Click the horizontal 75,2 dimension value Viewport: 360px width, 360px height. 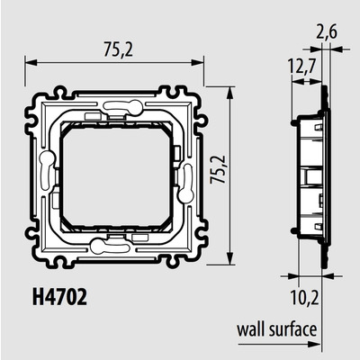(x=118, y=49)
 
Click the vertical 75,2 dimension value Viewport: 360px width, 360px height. (x=218, y=169)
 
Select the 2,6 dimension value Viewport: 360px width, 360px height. (x=327, y=32)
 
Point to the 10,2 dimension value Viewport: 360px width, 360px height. (x=304, y=298)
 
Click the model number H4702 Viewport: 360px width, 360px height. (x=59, y=297)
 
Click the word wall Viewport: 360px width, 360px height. (x=250, y=329)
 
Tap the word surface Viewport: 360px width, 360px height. (x=292, y=329)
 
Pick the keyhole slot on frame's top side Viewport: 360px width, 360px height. (x=121, y=107)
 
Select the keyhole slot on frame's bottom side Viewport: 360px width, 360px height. (x=109, y=246)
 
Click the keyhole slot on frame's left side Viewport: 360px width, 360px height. (x=47, y=170)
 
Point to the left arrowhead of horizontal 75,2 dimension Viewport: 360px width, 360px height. (x=31, y=62)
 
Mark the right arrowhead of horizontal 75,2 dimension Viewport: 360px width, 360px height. (x=198, y=62)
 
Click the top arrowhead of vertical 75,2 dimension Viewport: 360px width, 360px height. (x=230, y=93)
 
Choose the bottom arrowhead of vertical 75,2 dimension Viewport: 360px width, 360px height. (x=230, y=259)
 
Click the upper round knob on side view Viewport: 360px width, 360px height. (x=293, y=122)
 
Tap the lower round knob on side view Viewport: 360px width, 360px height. (x=293, y=230)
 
